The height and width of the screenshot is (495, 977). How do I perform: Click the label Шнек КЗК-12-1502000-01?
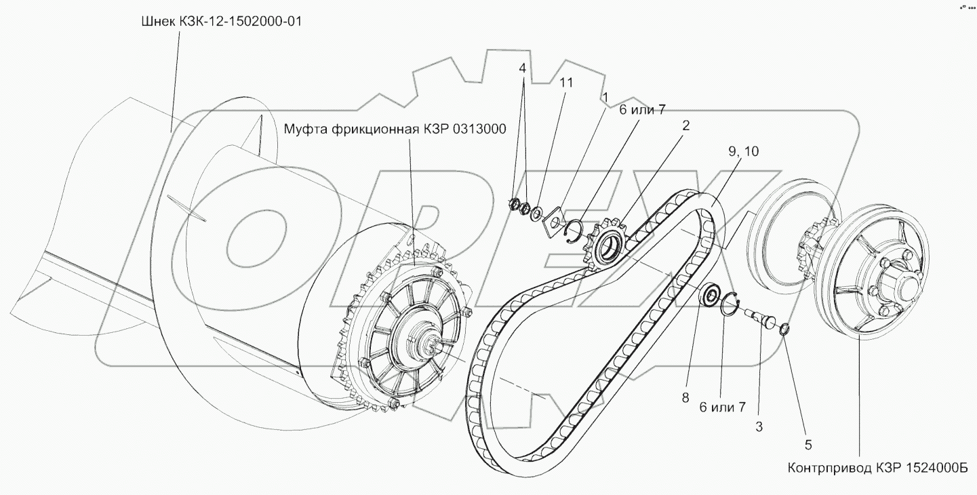[220, 22]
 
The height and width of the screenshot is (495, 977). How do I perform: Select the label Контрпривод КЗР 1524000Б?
[877, 469]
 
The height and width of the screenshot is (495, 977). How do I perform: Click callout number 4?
[522, 68]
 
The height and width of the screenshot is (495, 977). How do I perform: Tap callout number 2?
[686, 125]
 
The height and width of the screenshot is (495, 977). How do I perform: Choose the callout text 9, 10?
[744, 152]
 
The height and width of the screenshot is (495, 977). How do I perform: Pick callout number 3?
[759, 427]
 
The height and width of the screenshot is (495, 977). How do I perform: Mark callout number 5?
[807, 445]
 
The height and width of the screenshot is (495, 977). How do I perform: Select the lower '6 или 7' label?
[723, 407]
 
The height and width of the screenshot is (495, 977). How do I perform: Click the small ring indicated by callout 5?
[784, 330]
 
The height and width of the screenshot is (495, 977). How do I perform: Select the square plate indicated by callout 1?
[553, 219]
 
